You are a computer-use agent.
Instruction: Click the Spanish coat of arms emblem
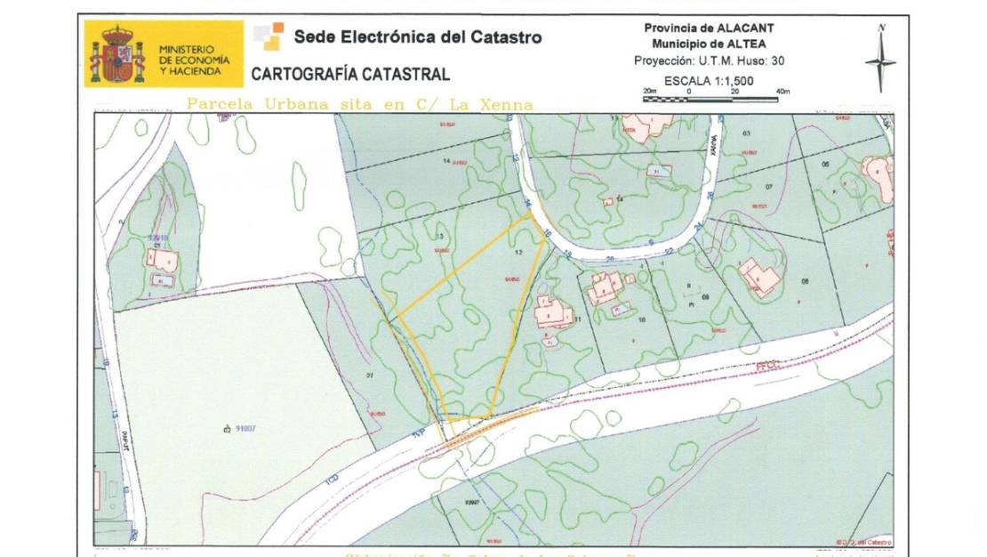[116, 54]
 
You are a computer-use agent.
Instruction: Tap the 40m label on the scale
[782, 92]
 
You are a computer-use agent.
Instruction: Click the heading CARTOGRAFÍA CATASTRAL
[350, 75]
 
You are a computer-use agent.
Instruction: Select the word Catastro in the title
[505, 37]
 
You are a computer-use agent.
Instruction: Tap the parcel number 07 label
[769, 186]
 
